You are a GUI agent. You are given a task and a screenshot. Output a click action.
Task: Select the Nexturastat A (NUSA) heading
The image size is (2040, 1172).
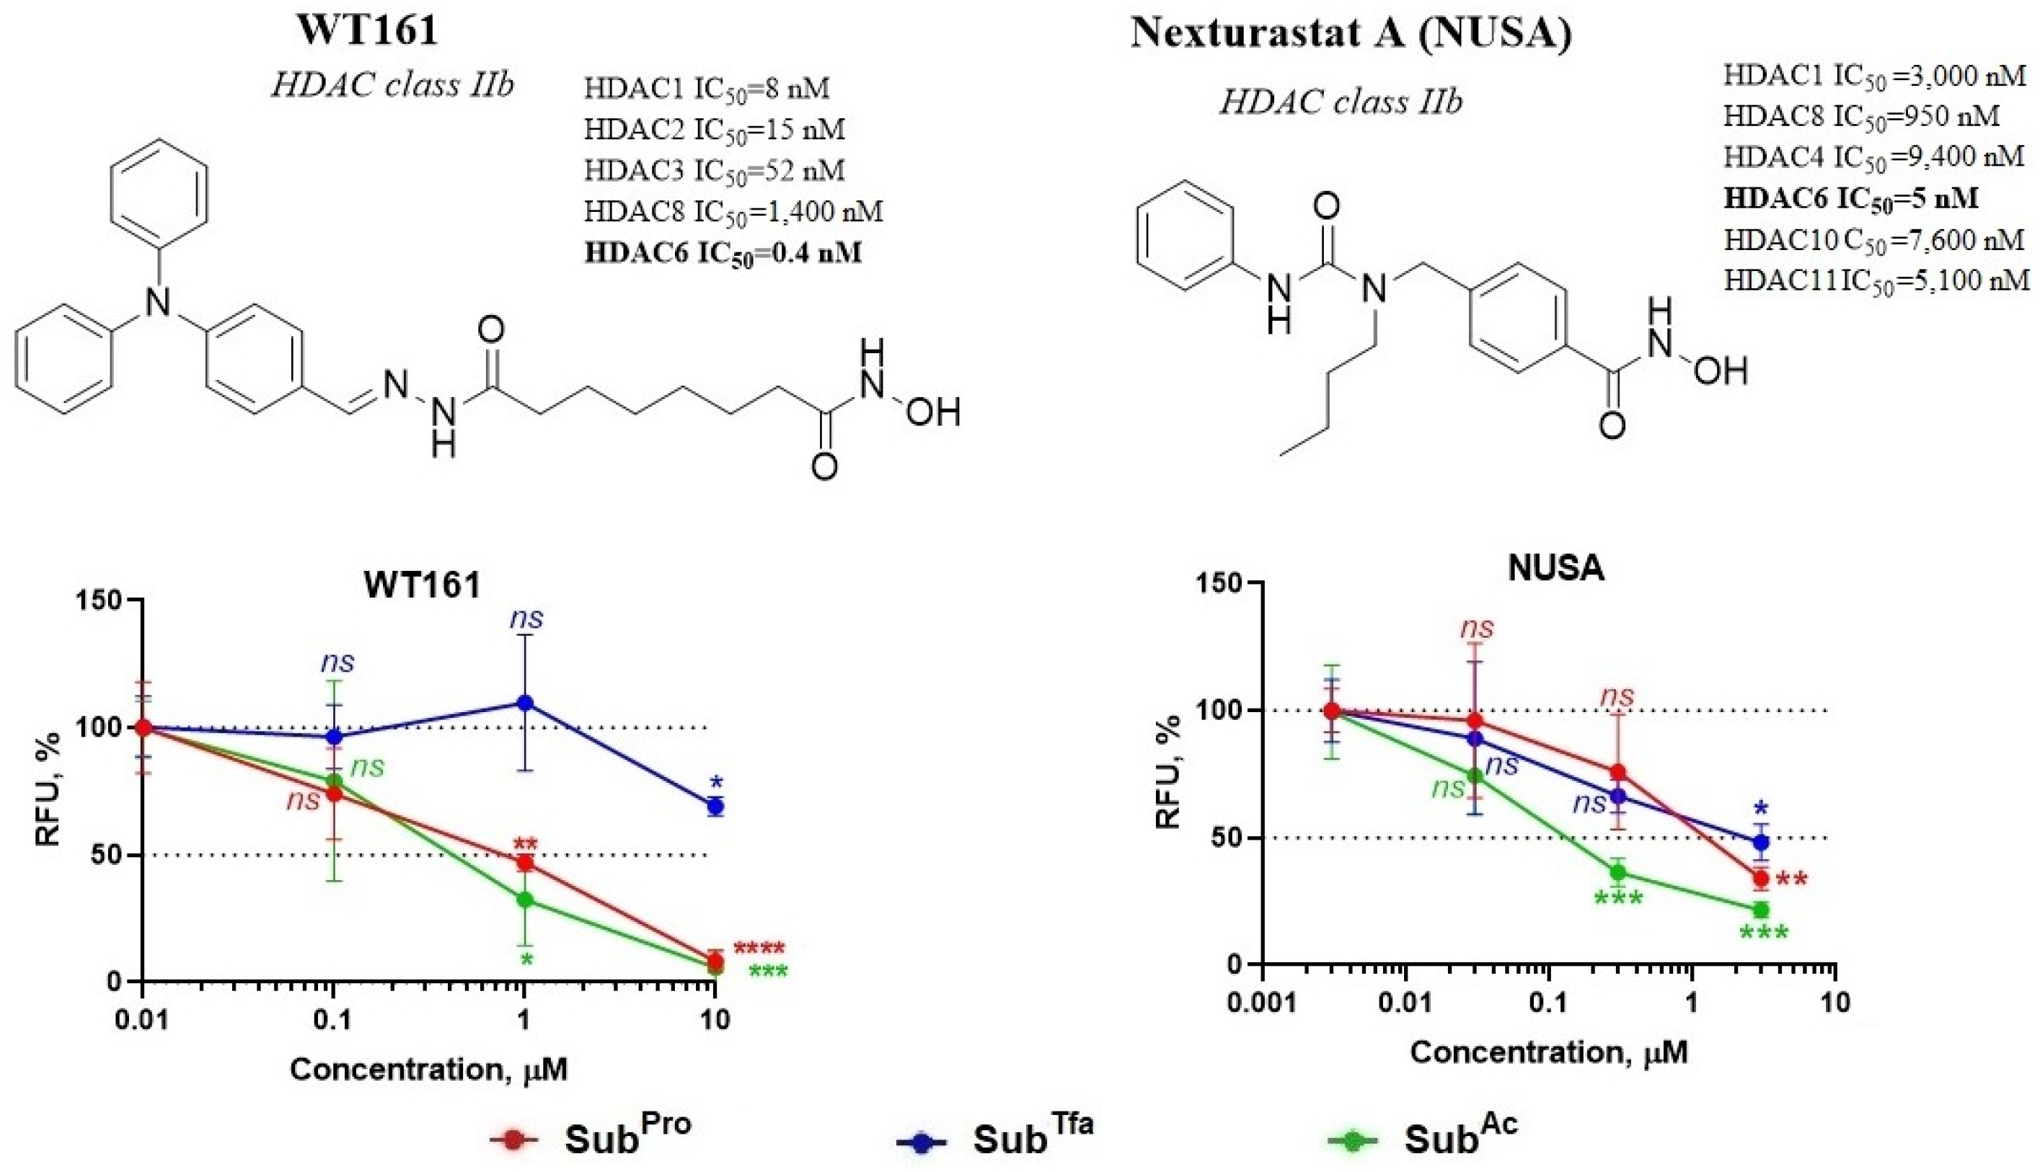pos(1350,34)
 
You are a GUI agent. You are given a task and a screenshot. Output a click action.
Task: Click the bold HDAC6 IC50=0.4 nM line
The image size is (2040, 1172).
pos(722,253)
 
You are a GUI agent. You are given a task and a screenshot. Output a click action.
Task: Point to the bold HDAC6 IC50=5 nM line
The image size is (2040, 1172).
pos(1850,198)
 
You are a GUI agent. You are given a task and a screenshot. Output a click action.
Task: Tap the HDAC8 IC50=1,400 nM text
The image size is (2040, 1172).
pos(733,212)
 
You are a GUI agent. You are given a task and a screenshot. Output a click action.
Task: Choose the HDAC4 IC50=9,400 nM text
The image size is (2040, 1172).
pos(1873,156)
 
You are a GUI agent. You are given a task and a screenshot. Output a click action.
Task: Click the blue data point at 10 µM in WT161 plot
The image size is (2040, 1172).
pos(715,806)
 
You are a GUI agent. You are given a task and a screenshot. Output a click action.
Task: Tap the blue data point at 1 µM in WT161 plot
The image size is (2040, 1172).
pos(524,703)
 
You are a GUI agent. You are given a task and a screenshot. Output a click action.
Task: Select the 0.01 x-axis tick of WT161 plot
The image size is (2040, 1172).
pos(143,1021)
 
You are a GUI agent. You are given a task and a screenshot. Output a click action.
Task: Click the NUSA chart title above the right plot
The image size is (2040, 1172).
pos(1555,569)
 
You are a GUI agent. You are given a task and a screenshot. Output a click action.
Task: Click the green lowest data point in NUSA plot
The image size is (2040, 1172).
pos(1759,910)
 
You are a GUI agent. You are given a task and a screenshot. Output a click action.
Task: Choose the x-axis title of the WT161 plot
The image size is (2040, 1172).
pos(428,1070)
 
